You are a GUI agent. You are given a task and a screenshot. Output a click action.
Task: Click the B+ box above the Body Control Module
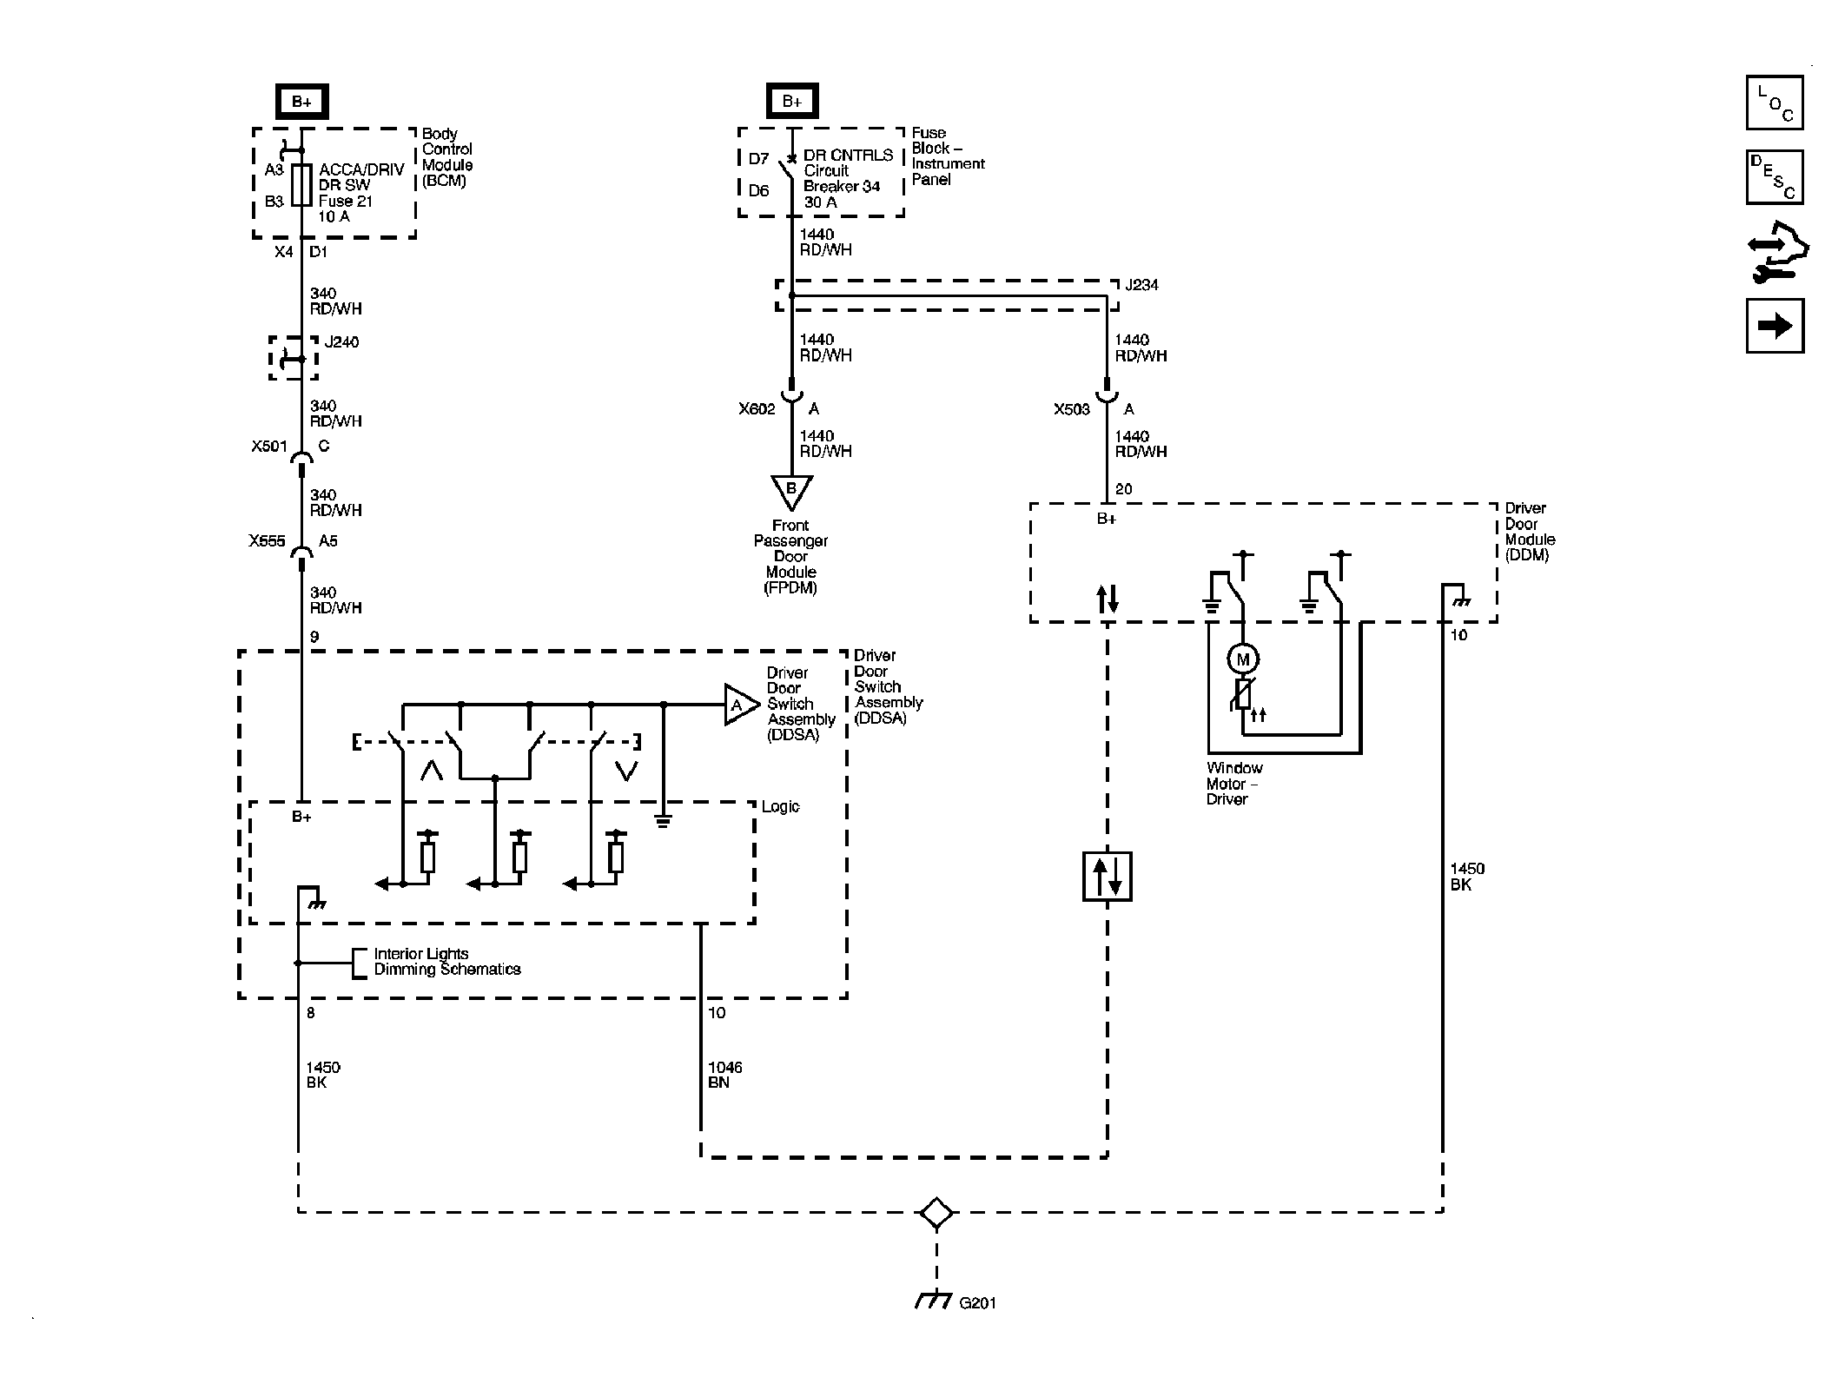[x=301, y=102]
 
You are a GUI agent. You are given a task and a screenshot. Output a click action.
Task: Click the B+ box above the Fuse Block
[x=791, y=101]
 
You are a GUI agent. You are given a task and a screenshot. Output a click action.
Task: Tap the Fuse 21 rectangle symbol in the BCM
[x=301, y=185]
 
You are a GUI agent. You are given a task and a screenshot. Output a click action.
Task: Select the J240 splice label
[x=341, y=342]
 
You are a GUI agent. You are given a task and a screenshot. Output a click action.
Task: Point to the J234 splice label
[x=1141, y=285]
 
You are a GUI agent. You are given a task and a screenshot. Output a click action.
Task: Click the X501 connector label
[x=269, y=447]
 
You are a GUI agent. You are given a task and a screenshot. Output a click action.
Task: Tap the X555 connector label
[x=267, y=541]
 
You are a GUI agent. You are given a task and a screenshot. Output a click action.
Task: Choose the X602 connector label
[x=757, y=409]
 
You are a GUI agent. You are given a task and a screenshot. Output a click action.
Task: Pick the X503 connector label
[x=1072, y=409]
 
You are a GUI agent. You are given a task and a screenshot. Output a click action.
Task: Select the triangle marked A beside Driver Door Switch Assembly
[x=741, y=705]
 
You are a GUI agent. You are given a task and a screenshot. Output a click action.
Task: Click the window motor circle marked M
[x=1243, y=659]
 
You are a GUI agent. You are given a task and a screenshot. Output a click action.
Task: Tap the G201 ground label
[x=977, y=1328]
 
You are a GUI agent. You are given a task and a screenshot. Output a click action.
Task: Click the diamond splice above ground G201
[x=936, y=1212]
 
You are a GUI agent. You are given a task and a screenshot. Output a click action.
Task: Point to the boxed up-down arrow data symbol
[x=1108, y=877]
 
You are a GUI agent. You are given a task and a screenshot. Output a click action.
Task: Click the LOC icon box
[x=1775, y=103]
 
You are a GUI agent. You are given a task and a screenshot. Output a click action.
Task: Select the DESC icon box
[x=1775, y=177]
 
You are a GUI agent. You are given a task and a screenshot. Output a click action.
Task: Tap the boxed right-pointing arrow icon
[x=1775, y=326]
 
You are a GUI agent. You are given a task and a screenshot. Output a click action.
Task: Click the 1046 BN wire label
[x=725, y=1075]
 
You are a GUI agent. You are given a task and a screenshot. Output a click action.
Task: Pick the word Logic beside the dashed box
[x=780, y=807]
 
